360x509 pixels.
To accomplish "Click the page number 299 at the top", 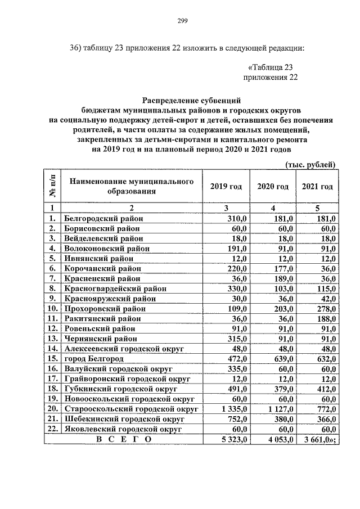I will tap(182, 21).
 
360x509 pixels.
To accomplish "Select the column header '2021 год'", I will tap(317, 187).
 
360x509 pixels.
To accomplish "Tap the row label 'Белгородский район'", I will tap(104, 218).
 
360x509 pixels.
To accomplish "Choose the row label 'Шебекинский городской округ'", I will tap(123, 418).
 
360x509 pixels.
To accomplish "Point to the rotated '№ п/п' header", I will tap(53, 186).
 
